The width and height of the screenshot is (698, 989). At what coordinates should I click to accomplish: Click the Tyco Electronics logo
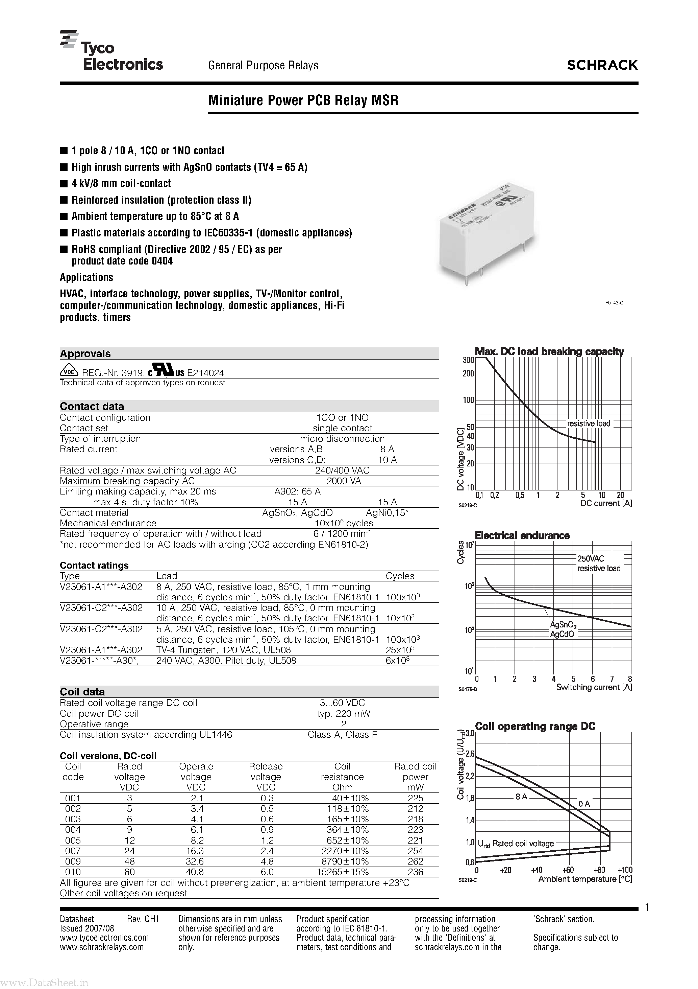click(x=111, y=51)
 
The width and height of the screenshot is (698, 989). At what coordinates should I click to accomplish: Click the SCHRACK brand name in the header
click(x=602, y=65)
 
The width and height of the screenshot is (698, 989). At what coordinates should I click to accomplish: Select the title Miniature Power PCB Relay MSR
click(x=303, y=100)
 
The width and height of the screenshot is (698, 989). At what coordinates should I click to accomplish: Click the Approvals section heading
click(x=85, y=354)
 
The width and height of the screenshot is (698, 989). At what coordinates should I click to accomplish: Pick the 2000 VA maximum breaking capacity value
click(x=343, y=481)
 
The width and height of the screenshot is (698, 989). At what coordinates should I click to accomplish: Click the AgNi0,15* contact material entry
click(x=387, y=512)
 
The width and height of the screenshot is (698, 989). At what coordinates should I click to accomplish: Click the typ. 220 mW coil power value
click(x=343, y=713)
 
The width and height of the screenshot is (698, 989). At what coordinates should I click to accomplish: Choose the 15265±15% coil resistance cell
click(x=343, y=872)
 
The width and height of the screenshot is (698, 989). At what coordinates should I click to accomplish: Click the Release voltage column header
click(x=266, y=777)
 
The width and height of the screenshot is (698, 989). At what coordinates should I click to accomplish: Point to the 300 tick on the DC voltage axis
click(x=468, y=360)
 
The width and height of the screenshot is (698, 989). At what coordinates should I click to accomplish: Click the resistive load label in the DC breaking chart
click(x=588, y=423)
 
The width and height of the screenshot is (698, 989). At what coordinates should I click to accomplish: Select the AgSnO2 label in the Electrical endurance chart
click(x=563, y=625)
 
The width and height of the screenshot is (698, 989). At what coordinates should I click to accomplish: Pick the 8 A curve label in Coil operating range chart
click(x=521, y=797)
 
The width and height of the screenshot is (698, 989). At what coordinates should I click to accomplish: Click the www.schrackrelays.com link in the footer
click(x=102, y=947)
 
